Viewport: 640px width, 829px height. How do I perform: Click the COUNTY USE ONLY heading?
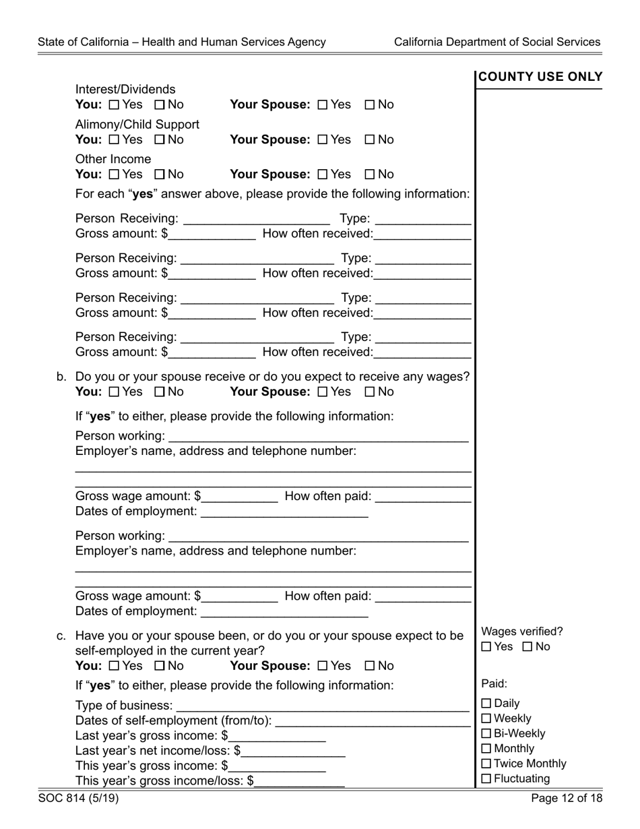coord(540,78)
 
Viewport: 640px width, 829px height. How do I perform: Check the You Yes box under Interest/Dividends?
coord(113,105)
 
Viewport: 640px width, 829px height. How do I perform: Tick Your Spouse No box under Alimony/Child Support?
coord(370,140)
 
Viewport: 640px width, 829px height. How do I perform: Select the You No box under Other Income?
coord(160,175)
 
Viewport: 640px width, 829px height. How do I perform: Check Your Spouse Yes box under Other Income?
coord(322,175)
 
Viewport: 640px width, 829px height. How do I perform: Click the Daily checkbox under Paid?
coord(486,704)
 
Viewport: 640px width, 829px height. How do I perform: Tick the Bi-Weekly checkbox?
coord(486,734)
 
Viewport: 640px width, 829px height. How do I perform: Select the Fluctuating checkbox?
coord(486,779)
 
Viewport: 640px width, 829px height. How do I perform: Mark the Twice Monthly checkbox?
coord(486,764)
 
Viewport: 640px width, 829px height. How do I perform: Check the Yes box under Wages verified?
coord(486,647)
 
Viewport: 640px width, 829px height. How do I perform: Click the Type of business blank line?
coord(321,705)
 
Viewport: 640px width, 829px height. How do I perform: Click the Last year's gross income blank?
coord(278,735)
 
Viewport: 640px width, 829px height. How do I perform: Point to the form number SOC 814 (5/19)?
coord(79,799)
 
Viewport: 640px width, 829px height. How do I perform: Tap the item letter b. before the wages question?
coord(61,377)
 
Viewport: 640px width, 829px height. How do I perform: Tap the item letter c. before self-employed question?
coord(61,636)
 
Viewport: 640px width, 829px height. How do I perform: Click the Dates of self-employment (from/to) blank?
coord(373,720)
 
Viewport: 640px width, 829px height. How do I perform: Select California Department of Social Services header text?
coord(497,42)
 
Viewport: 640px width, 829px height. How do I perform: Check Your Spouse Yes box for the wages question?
coord(322,392)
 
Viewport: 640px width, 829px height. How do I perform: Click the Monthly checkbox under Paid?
coord(486,749)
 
